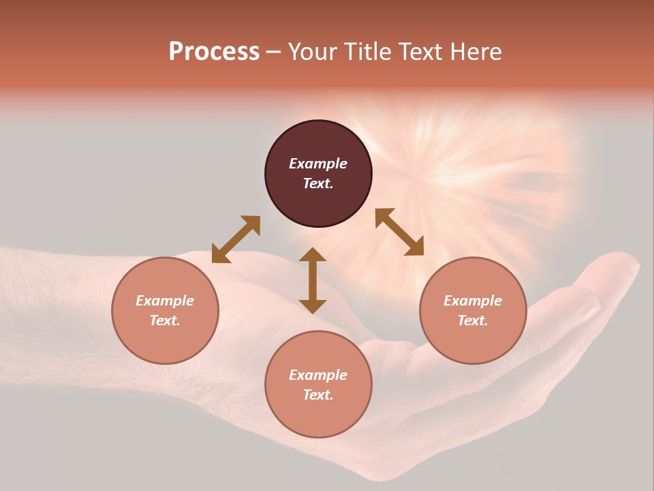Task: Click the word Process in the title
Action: (214, 52)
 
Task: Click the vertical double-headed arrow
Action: (313, 281)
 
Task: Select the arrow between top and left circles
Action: (236, 239)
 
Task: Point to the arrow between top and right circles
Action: (400, 232)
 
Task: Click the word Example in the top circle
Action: (318, 164)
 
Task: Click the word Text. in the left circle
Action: (165, 321)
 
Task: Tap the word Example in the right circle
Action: (473, 301)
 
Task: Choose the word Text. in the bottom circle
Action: (318, 395)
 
